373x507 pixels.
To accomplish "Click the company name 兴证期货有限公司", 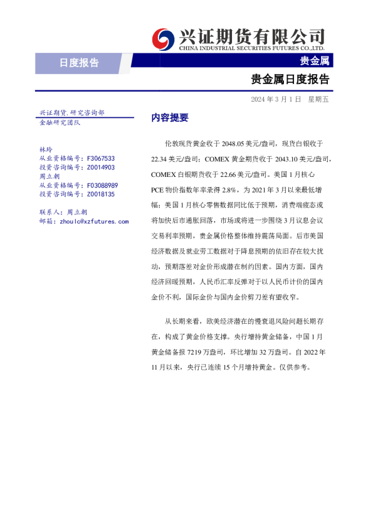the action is [x=251, y=35].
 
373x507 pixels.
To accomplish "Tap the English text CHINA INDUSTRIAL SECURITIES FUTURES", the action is [x=251, y=48].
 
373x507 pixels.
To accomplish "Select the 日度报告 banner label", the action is [x=79, y=62].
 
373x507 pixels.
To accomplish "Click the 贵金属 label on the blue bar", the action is [x=314, y=61].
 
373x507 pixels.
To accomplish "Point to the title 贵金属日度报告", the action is [x=290, y=80].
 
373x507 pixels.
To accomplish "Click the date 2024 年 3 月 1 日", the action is [x=276, y=99].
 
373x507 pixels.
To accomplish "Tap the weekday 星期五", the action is [x=319, y=99].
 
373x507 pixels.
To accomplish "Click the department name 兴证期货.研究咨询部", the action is [x=71, y=113].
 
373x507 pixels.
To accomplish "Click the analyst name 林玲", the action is [x=46, y=150].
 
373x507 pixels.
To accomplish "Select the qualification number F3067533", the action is [x=100, y=159].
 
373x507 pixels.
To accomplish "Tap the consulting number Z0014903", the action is [x=100, y=168].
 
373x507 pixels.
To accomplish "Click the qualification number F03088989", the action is [x=102, y=186].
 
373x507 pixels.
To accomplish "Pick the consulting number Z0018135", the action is [x=100, y=195].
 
